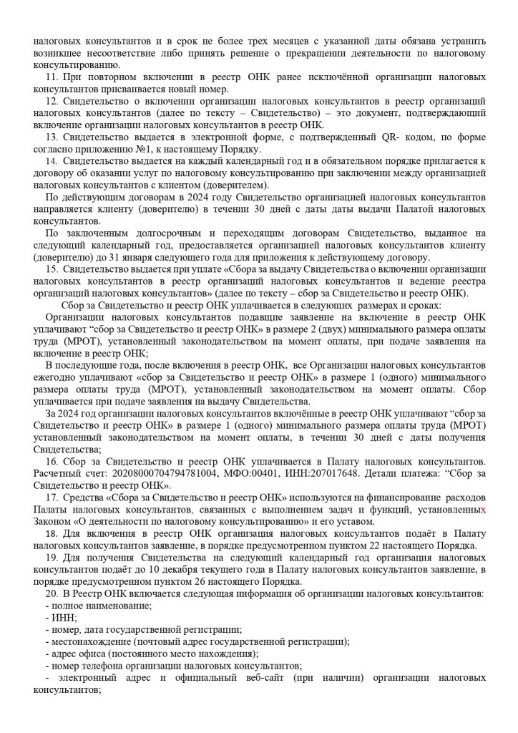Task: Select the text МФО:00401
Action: coord(253,473)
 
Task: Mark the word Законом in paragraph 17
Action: coord(54,521)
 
